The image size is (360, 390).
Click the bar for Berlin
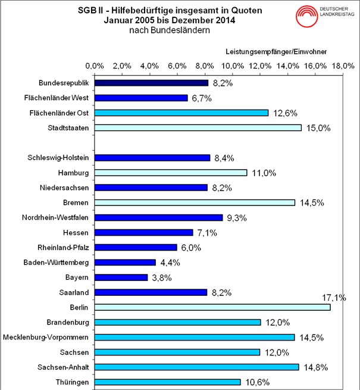pyautogui.click(x=212, y=307)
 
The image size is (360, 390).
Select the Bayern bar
pyautogui.click(x=121, y=277)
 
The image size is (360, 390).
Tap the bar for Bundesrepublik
pyautogui.click(x=151, y=83)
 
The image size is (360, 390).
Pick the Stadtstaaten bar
pyautogui.click(x=198, y=127)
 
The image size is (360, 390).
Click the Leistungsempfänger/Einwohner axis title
pyautogui.click(x=276, y=52)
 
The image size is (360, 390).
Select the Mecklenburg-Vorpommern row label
pyautogui.click(x=46, y=337)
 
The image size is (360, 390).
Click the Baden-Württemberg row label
pyautogui.click(x=57, y=263)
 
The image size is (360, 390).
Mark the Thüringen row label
pyautogui.click(x=71, y=382)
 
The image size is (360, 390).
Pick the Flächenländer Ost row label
pyautogui.click(x=62, y=113)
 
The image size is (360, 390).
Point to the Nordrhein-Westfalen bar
pyautogui.click(x=158, y=217)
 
